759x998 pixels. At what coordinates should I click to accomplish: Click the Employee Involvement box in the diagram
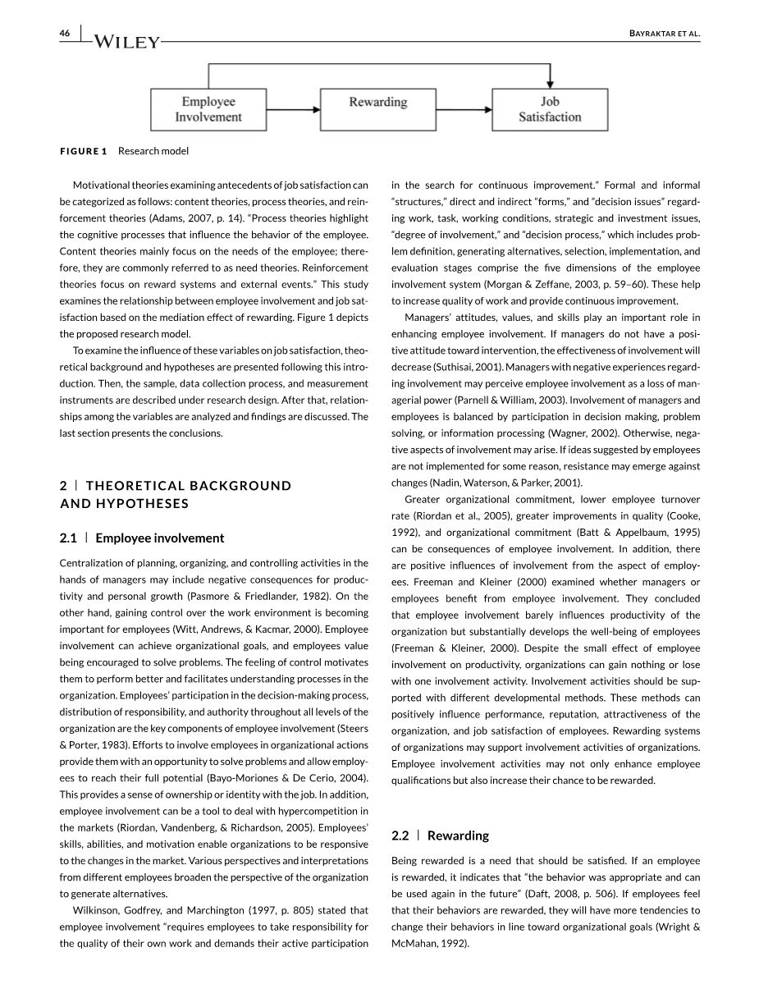click(208, 109)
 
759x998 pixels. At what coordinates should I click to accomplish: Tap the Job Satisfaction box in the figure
click(549, 109)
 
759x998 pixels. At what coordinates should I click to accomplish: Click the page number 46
click(65, 33)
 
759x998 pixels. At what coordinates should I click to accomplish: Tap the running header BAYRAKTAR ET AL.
click(659, 33)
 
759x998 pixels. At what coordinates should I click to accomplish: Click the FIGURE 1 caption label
click(83, 151)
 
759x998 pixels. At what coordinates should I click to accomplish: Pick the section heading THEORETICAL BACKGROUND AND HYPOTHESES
click(176, 494)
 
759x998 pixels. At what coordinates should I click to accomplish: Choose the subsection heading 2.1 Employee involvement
click(141, 538)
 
